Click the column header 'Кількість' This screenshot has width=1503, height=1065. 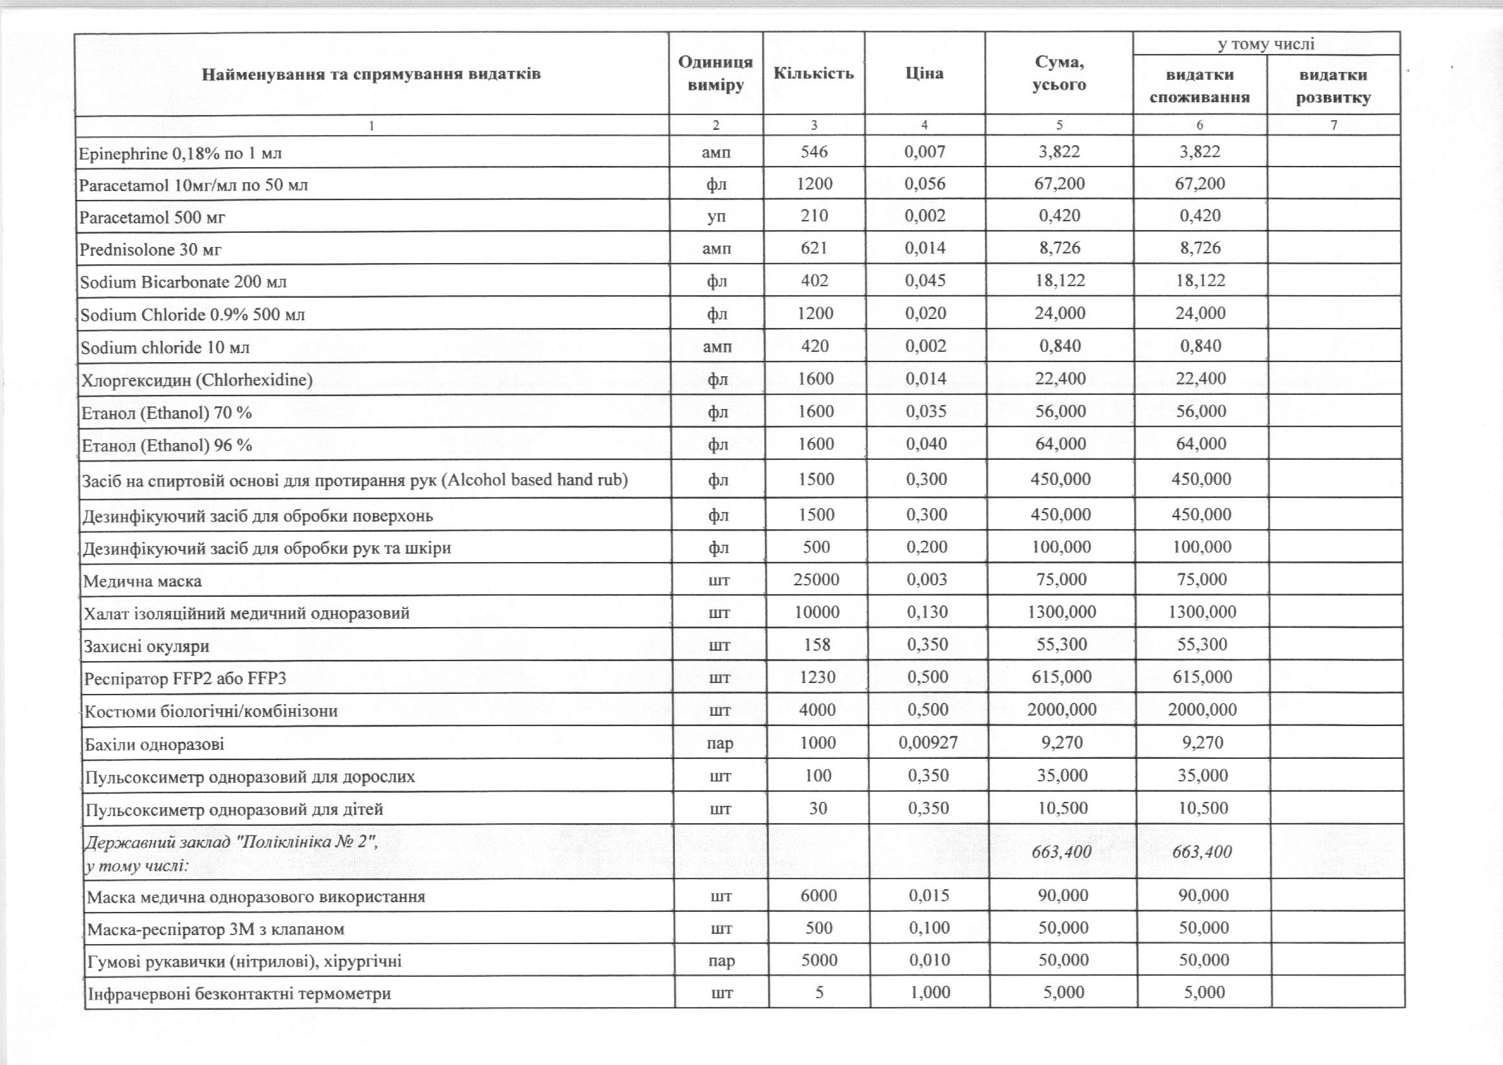(813, 73)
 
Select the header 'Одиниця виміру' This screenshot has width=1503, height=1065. (715, 73)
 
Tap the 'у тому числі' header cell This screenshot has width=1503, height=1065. (1266, 44)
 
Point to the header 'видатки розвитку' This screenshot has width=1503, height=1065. (1333, 86)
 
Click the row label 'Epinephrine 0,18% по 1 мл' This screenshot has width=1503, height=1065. (180, 154)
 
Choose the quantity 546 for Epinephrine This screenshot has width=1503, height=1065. (813, 152)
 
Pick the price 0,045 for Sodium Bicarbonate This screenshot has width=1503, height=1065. (926, 280)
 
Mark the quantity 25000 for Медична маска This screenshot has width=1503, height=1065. (816, 579)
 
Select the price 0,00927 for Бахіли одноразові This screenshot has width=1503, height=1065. (928, 742)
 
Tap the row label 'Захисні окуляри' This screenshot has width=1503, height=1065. (147, 646)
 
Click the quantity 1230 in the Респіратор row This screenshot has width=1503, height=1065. (817, 677)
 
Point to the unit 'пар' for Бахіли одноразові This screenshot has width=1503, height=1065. (720, 743)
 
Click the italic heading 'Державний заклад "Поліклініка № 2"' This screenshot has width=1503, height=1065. (231, 842)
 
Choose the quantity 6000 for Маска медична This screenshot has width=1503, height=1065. (819, 895)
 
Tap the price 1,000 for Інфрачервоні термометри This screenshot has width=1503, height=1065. (930, 992)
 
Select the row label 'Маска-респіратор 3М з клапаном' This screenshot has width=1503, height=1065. (215, 929)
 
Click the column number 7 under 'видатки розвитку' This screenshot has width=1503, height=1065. (1333, 125)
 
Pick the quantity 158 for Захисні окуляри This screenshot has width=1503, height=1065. (816, 644)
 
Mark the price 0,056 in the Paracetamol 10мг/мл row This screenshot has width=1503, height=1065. (925, 184)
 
